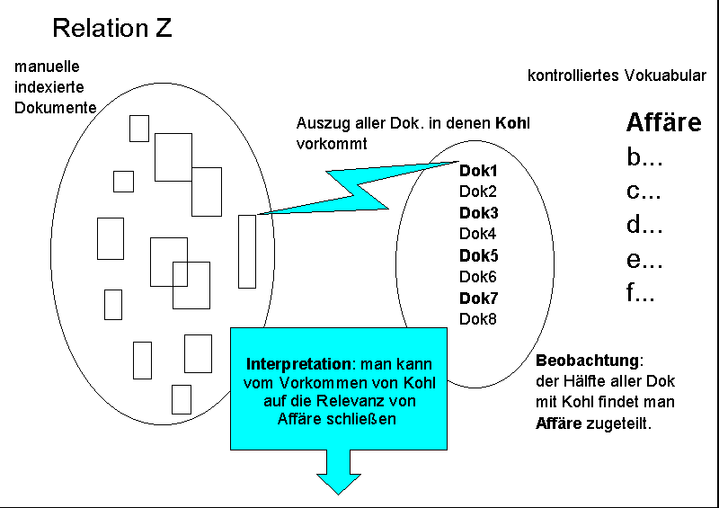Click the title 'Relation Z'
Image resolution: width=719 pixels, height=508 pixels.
[x=112, y=28]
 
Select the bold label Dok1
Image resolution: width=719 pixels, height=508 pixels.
[x=478, y=170]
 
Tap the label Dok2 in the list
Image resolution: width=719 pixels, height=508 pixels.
[x=477, y=192]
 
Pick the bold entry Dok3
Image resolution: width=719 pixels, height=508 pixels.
[x=478, y=213]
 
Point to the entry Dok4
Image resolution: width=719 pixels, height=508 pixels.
[x=477, y=234]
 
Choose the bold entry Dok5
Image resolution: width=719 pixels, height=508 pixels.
[x=478, y=255]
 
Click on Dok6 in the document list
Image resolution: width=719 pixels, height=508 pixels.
[x=477, y=277]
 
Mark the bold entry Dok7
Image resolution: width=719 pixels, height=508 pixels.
[x=478, y=298]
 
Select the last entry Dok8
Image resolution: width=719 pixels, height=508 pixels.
[x=477, y=319]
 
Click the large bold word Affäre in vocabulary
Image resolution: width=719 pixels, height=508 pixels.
[x=663, y=123]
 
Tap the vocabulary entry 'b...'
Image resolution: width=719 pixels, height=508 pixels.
[x=644, y=158]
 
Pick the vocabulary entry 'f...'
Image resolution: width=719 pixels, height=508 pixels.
[x=641, y=293]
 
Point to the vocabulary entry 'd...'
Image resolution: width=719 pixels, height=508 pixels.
[x=644, y=226]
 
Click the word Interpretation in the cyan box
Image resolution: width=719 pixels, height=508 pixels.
[x=297, y=365]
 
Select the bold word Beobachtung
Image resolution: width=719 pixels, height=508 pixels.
[x=588, y=361]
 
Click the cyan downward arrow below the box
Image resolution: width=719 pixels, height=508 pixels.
[x=339, y=472]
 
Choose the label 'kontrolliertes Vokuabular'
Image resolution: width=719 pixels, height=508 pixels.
[x=617, y=76]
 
